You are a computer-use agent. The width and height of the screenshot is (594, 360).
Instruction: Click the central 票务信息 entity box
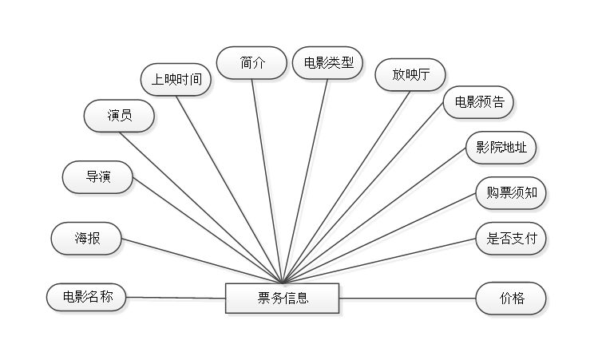click(283, 299)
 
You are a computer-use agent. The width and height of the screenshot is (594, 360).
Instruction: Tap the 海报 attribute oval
click(87, 238)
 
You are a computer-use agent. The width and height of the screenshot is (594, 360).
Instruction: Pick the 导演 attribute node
click(98, 177)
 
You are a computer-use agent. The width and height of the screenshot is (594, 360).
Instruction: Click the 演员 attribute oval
click(120, 116)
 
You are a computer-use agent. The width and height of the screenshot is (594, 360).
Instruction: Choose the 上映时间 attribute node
click(176, 79)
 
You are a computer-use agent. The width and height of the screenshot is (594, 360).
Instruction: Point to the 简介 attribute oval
click(252, 62)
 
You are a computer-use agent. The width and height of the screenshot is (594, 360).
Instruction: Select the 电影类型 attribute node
click(328, 62)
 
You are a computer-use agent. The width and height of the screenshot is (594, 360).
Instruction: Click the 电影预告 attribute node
click(479, 102)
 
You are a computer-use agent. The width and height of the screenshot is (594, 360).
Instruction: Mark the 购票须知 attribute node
click(512, 192)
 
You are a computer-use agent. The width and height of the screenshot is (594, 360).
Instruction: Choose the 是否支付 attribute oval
click(512, 237)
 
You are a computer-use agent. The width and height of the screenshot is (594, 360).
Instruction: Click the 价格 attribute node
click(512, 299)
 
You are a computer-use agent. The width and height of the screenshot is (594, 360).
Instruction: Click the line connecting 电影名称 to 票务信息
click(176, 299)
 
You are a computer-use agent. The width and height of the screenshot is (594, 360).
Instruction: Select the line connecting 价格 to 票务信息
click(407, 300)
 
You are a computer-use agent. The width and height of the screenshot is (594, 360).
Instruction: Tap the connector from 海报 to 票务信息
click(200, 259)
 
